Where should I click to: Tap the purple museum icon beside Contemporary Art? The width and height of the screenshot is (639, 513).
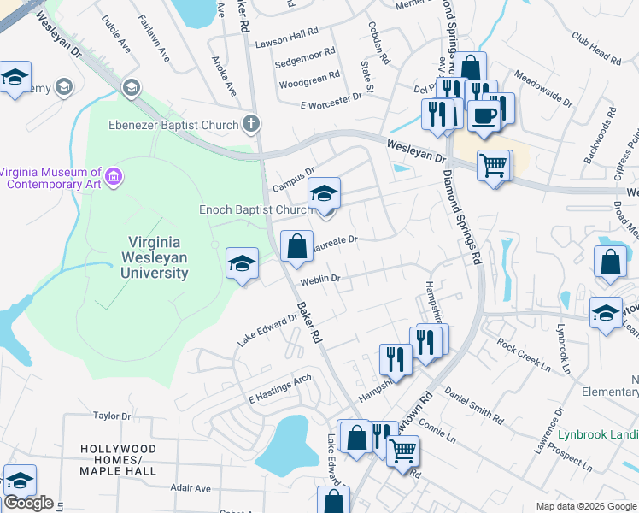click(x=114, y=178)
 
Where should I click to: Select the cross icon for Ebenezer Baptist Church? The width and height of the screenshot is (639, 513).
click(x=250, y=125)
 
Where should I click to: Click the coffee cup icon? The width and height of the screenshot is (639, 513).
click(x=484, y=116)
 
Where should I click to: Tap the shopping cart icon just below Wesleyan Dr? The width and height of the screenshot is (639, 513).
click(x=493, y=165)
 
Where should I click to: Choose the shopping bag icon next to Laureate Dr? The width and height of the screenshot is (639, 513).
click(x=296, y=246)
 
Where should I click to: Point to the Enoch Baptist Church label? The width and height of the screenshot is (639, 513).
click(x=256, y=209)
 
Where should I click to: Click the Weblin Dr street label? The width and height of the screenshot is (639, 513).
click(x=319, y=280)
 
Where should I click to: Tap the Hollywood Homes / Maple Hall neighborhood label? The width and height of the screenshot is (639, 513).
click(x=119, y=460)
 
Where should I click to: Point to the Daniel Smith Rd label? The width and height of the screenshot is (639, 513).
click(x=473, y=407)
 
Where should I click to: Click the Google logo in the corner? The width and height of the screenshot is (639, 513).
click(x=28, y=503)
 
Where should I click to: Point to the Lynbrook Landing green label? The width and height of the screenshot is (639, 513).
click(x=597, y=433)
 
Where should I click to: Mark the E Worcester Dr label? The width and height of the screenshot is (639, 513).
click(x=331, y=100)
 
